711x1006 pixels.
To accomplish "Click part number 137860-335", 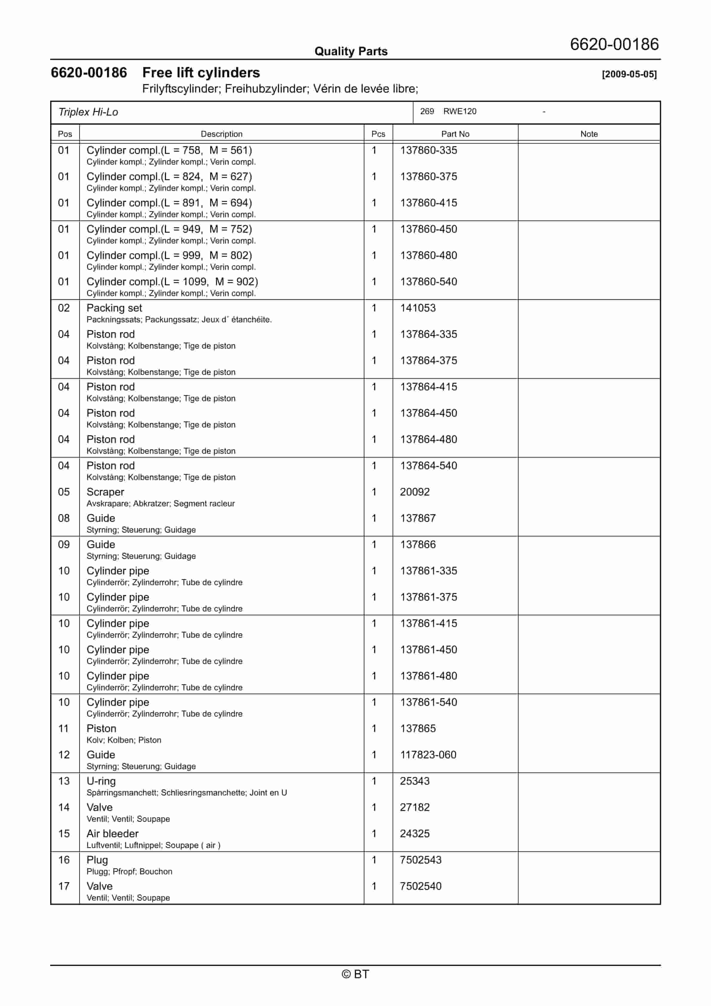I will point(428,150).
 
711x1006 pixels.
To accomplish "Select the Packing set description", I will point(114,308).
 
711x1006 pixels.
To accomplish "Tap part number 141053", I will point(417,308).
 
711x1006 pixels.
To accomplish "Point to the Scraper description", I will point(105,492).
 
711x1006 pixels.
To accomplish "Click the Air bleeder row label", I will point(112,834).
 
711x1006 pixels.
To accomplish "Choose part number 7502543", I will point(420,860).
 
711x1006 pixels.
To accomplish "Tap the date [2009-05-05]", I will point(629,74).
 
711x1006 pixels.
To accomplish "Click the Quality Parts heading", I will point(351,51).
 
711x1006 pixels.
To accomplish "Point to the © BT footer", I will point(355,974).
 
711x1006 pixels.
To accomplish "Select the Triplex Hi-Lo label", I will point(88,112).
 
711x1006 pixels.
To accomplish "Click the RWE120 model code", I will point(459,111).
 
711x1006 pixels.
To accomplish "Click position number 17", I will point(64,887).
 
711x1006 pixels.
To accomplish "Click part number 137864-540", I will point(428,466).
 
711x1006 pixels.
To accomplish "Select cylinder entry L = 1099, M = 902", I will point(172,282).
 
